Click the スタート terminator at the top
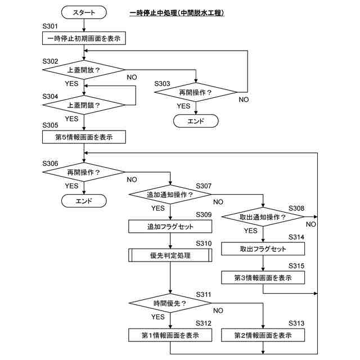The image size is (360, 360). [x=84, y=12]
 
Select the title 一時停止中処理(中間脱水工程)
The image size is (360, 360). [x=177, y=13]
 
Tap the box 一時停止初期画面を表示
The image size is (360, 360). [x=84, y=38]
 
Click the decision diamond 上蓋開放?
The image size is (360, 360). [x=84, y=70]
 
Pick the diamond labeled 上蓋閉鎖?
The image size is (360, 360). [x=84, y=105]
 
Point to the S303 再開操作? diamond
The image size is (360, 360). [x=196, y=92]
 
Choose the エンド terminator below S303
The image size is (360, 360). [x=196, y=121]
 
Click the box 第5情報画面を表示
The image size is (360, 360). [x=84, y=137]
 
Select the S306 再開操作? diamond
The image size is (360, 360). [x=84, y=172]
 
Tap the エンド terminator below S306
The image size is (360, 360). [x=84, y=201]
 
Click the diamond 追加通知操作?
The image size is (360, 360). [x=170, y=195]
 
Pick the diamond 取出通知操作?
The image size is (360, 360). [x=263, y=217]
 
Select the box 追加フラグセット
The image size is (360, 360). [x=170, y=227]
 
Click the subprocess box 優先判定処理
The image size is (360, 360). [x=170, y=255]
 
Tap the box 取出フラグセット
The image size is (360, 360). [x=263, y=249]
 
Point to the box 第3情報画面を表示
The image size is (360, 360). [x=263, y=277]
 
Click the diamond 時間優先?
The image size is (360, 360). [x=170, y=303]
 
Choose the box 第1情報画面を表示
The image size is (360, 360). [x=170, y=335]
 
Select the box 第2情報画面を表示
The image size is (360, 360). [x=263, y=335]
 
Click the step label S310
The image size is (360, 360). [x=204, y=244]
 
